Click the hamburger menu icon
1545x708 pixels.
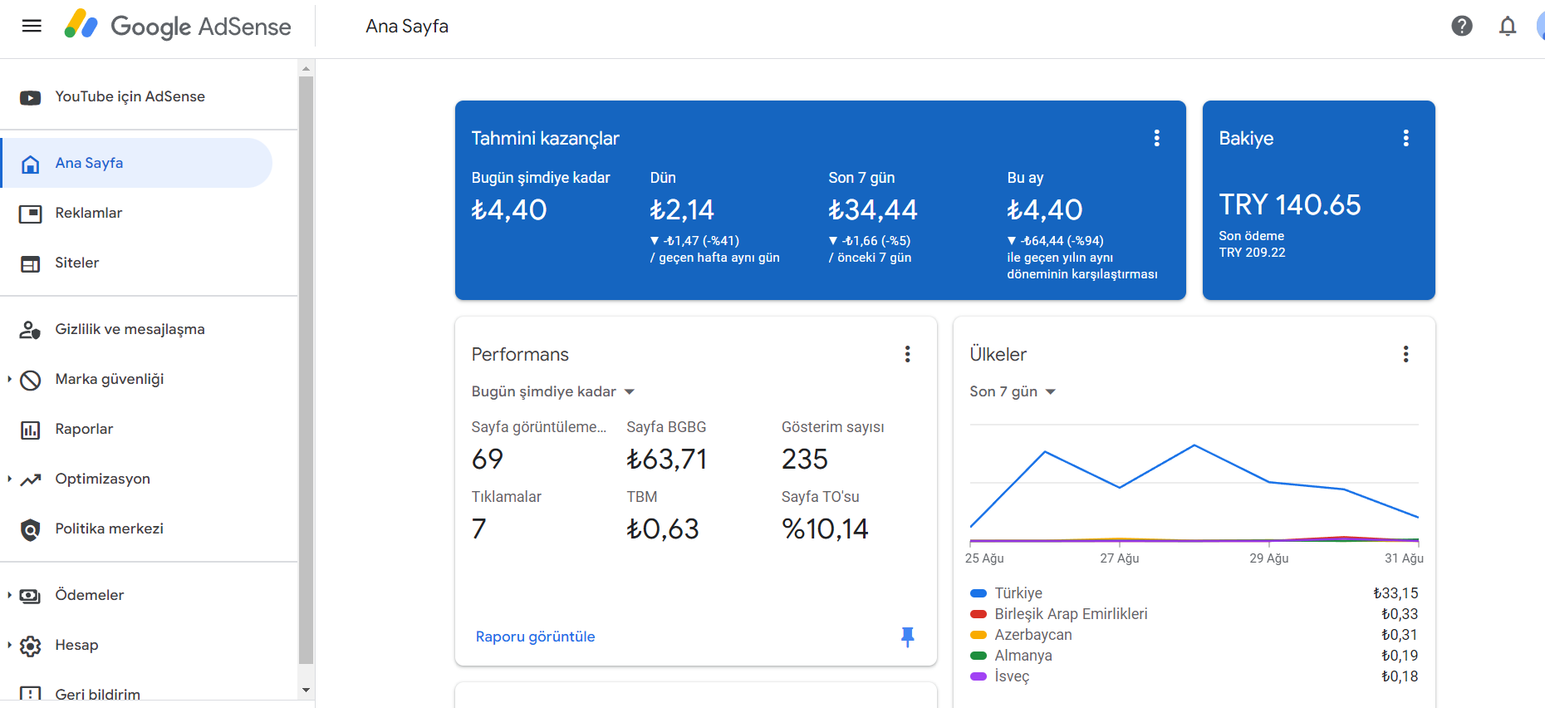click(x=32, y=26)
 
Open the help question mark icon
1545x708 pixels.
click(x=1462, y=26)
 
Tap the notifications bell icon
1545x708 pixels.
click(x=1508, y=27)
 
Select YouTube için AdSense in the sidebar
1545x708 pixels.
click(x=130, y=96)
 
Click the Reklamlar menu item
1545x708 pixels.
click(x=89, y=213)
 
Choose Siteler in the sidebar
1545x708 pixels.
click(x=77, y=263)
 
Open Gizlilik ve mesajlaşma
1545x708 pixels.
click(x=130, y=329)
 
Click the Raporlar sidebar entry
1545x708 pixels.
click(x=84, y=429)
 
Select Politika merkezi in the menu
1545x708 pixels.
click(x=109, y=529)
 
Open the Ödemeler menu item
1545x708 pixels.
click(x=89, y=595)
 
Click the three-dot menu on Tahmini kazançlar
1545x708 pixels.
click(x=1156, y=138)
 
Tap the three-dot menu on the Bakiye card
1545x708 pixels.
click(x=1405, y=138)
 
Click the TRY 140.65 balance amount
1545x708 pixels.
click(x=1290, y=204)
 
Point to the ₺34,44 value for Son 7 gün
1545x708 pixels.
click(x=873, y=209)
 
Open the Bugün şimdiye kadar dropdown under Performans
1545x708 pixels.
click(x=553, y=391)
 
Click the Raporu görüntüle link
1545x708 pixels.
click(x=535, y=637)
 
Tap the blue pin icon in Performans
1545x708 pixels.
click(x=907, y=637)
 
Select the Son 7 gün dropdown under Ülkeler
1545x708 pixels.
click(x=1013, y=391)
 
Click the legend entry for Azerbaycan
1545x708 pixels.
click(x=1033, y=635)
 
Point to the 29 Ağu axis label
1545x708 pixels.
click(x=1269, y=558)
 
